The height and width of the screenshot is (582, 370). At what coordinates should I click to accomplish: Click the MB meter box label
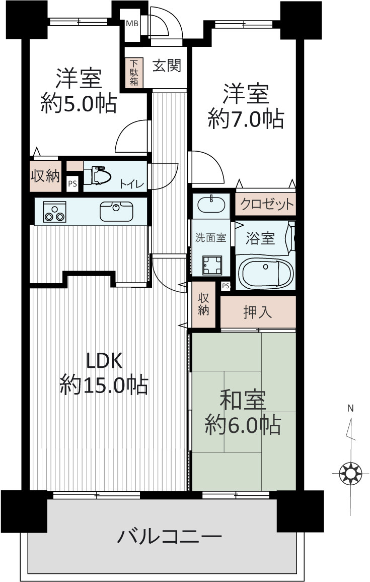(x=132, y=24)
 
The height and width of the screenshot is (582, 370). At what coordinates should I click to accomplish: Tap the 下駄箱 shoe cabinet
(x=134, y=73)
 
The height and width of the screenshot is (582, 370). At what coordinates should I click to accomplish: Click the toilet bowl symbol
(x=97, y=176)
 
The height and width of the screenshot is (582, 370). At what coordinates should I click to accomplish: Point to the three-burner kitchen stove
(x=54, y=212)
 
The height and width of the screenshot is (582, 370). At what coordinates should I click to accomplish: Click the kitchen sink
(x=116, y=211)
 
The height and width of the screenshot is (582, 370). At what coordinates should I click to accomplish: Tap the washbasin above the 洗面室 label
(x=211, y=205)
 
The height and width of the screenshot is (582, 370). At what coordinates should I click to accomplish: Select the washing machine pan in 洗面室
(x=212, y=266)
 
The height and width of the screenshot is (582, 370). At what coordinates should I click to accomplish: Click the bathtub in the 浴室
(x=265, y=273)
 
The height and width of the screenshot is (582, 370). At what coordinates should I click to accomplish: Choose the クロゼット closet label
(x=267, y=204)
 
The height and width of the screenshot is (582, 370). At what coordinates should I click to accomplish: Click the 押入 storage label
(x=258, y=312)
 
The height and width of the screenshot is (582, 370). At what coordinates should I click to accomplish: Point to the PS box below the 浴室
(x=226, y=286)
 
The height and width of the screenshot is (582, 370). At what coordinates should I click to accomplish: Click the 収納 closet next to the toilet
(x=45, y=176)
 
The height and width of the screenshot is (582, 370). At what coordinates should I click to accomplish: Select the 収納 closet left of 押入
(x=203, y=304)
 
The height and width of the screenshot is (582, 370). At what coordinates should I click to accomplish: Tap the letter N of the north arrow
(x=350, y=409)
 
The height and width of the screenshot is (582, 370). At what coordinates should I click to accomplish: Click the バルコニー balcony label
(x=170, y=537)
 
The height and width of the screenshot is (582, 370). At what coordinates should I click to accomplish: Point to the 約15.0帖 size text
(x=104, y=385)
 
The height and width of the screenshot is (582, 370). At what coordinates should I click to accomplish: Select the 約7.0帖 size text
(x=246, y=119)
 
